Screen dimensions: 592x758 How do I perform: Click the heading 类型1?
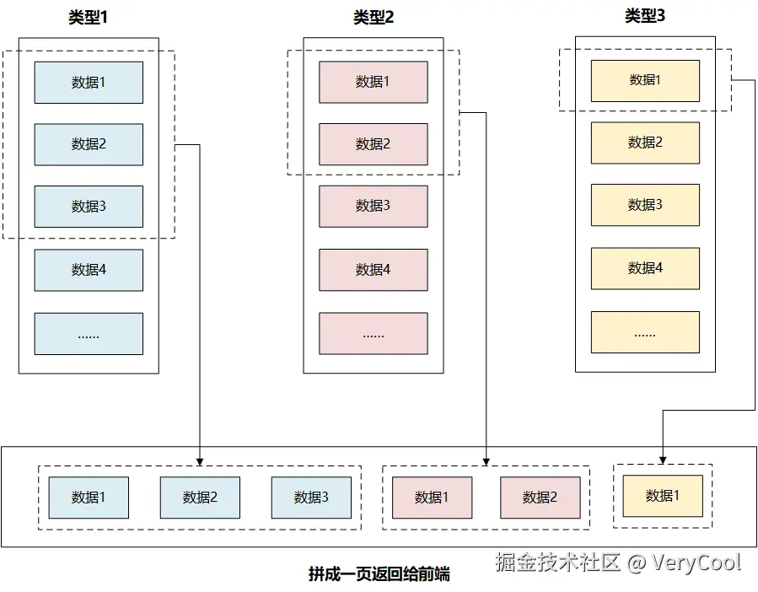89,18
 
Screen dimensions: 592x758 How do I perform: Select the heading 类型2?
374,18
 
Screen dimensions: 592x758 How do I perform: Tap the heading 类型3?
645,16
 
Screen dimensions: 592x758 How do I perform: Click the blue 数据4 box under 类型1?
89,270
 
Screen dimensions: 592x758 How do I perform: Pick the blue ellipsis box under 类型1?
89,334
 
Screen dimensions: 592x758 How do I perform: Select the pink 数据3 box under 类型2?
374,207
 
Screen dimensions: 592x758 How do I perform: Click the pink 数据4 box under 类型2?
374,270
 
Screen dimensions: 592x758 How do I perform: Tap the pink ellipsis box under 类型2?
374,334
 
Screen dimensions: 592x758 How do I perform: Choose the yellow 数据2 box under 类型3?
645,143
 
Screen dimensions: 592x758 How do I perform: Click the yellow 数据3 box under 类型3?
645,205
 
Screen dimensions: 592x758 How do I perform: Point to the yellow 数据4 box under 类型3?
645,268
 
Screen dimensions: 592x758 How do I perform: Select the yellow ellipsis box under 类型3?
645,332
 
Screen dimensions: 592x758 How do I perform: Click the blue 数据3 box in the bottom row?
311,498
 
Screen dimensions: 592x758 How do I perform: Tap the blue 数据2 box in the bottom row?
200,498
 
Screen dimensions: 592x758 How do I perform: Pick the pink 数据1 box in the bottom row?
432,498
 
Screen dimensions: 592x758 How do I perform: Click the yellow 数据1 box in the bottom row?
663,496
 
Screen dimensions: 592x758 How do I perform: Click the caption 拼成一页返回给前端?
379,574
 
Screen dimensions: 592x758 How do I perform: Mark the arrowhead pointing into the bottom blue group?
200,460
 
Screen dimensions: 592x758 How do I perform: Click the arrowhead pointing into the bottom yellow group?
663,460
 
